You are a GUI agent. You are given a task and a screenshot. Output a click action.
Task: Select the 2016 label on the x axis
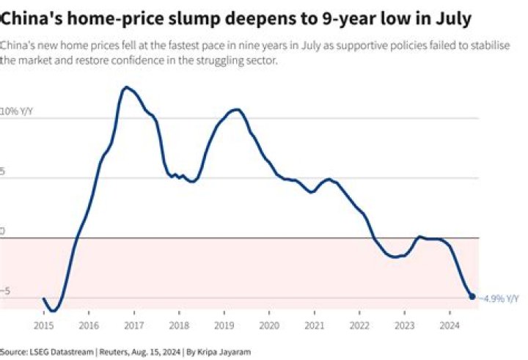[x=89, y=323]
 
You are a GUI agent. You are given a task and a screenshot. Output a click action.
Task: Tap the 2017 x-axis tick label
[x=134, y=323]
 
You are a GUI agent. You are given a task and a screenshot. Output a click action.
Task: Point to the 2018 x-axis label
[x=179, y=323]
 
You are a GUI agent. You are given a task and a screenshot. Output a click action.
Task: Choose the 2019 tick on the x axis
[x=224, y=323]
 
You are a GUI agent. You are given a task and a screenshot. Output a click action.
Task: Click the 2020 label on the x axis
[x=269, y=323]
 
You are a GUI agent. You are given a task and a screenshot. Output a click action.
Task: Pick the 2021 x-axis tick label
[x=315, y=323]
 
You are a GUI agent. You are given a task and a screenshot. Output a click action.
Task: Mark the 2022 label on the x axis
[x=359, y=323]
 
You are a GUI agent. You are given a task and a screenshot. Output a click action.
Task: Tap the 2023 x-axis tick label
[x=405, y=323]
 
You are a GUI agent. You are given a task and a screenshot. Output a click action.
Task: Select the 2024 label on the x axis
[x=450, y=323]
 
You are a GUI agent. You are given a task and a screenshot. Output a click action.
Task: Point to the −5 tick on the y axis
[x=7, y=291]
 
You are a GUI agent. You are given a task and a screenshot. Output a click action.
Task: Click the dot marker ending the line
[x=472, y=296]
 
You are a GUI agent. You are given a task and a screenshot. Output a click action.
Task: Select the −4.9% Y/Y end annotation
[x=499, y=297]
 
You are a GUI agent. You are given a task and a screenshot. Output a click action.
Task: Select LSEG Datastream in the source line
[x=54, y=350]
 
